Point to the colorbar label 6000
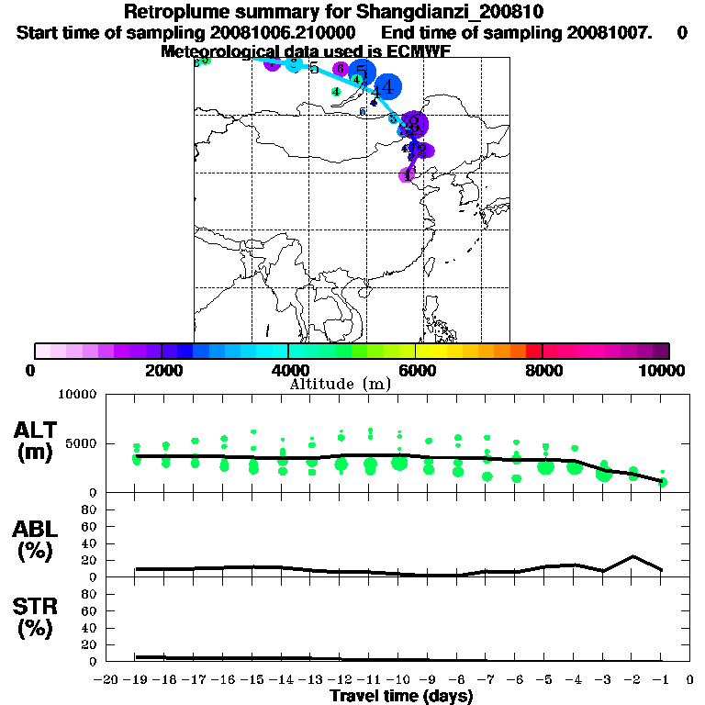pos(415,370)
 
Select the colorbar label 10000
pos(663,370)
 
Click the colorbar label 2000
pos(162,370)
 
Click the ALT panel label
pos(36,430)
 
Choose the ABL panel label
pos(36,529)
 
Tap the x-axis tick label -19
pos(136,679)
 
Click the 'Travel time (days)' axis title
pos(401,696)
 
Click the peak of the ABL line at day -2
pos(632,556)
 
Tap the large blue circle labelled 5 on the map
pos(363,73)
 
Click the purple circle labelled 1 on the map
pos(408,173)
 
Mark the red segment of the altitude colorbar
pos(533,351)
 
